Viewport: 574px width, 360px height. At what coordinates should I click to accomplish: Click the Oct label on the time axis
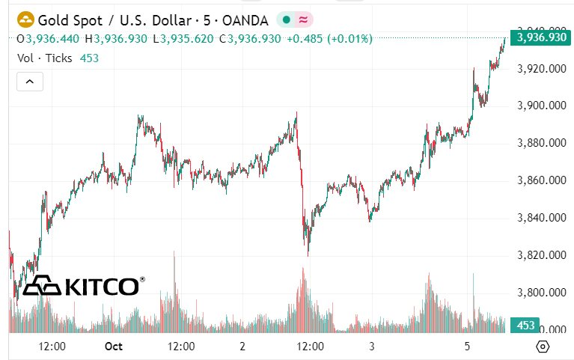coord(114,347)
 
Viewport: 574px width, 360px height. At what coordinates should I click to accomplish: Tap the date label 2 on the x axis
coord(242,347)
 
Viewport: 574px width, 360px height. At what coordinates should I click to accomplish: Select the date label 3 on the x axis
coord(372,347)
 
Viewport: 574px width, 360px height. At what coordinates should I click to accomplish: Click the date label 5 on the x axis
coord(467,347)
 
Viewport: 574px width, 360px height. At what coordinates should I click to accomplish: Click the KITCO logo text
coord(102,287)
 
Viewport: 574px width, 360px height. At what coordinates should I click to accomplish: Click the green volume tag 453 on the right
coord(525,326)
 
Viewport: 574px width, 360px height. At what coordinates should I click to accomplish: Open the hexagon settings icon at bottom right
coord(543,347)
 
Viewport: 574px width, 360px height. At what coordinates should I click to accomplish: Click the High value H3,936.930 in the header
coord(116,38)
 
